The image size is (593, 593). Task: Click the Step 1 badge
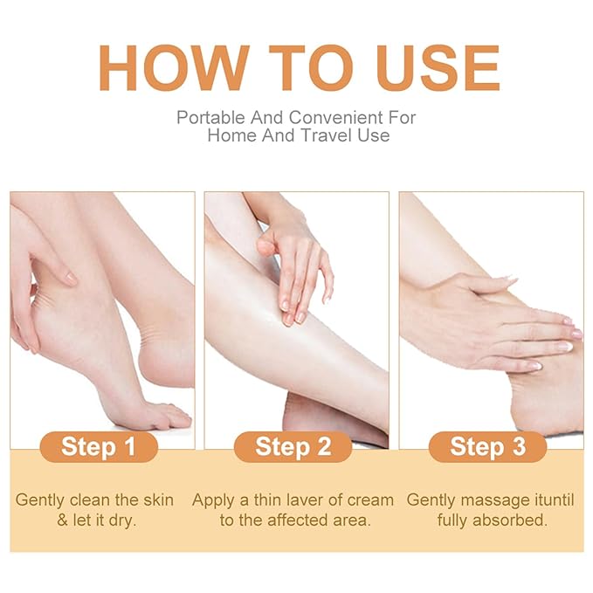pos(98,447)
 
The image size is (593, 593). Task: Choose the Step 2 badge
pos(293,447)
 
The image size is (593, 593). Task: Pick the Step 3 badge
pos(488,447)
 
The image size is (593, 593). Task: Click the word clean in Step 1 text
pos(92,501)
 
